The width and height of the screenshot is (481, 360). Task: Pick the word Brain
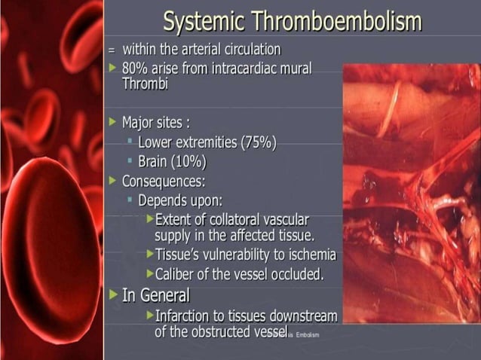coord(153,161)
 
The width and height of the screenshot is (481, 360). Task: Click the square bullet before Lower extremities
coord(130,141)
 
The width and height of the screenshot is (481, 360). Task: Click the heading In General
coord(155,294)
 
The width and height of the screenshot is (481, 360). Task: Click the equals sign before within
coord(112,50)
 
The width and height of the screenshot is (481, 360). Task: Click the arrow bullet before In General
coord(113,294)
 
